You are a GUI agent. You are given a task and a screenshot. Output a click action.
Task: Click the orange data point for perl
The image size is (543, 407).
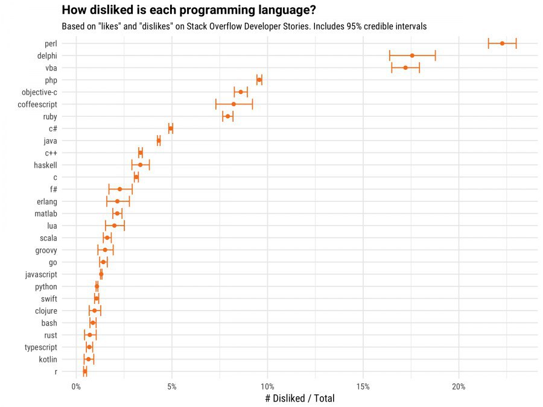click(502, 43)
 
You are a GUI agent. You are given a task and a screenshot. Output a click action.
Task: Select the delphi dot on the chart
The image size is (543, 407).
click(412, 55)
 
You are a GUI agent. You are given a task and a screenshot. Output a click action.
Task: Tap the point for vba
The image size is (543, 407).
click(405, 68)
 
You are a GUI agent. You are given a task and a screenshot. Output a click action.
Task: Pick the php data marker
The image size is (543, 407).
click(259, 80)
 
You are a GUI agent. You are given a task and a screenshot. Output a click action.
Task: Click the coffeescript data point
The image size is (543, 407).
click(233, 104)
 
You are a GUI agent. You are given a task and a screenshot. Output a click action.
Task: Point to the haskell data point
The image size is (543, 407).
click(141, 165)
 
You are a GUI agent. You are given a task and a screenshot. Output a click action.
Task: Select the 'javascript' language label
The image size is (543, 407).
click(41, 275)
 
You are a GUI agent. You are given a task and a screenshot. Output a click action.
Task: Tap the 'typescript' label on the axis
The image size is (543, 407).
click(41, 348)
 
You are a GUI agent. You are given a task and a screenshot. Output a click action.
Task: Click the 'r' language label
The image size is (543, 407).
click(56, 372)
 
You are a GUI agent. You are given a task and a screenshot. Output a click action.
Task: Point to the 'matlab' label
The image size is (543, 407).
click(46, 213)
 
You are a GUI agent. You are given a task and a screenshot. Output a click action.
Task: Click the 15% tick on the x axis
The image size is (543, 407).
click(363, 386)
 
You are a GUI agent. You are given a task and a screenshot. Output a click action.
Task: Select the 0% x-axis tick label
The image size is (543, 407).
click(76, 386)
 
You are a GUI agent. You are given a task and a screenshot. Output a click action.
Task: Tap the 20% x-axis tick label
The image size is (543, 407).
click(459, 386)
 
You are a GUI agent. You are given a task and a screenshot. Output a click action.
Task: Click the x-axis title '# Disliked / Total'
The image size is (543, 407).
click(299, 399)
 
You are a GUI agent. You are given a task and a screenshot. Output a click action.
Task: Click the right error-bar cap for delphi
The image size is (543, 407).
click(435, 55)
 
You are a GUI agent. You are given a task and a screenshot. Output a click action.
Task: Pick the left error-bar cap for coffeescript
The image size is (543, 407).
click(215, 104)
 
